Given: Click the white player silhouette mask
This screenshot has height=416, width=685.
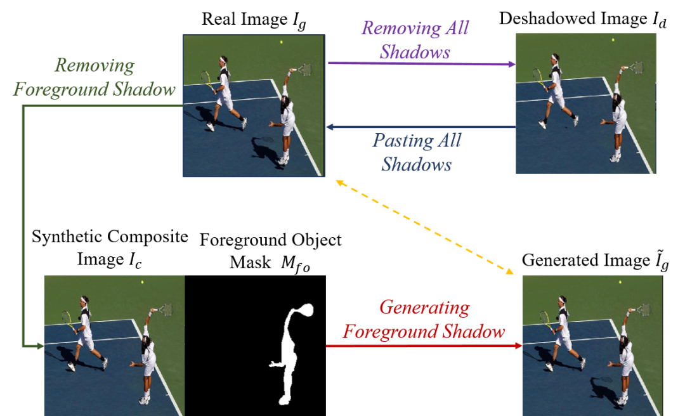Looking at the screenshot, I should (288, 355).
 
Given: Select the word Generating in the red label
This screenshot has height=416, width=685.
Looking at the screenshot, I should (424, 308).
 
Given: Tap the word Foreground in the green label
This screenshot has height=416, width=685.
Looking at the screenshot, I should (60, 89).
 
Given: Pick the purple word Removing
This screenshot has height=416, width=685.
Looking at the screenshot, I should (401, 29).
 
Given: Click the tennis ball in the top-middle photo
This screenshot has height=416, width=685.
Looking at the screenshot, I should (281, 42).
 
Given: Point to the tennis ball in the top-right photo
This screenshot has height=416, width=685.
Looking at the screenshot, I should (613, 40).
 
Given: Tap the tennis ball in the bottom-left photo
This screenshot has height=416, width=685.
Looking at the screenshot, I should (142, 282).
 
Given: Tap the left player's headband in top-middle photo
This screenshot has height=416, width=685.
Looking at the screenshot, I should (223, 60).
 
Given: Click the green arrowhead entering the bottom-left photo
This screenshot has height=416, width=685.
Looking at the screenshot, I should (39, 346).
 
